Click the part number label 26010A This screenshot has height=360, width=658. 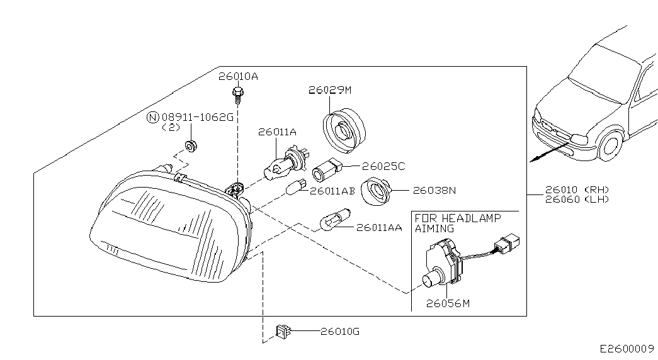click(238, 76)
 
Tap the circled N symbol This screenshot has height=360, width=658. click(153, 118)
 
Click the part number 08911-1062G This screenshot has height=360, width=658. click(197, 117)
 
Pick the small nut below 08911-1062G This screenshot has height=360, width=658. click(191, 146)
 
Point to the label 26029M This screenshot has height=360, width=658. click(330, 90)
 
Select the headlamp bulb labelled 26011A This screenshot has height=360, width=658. click(284, 164)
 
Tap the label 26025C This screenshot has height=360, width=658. click(383, 166)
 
